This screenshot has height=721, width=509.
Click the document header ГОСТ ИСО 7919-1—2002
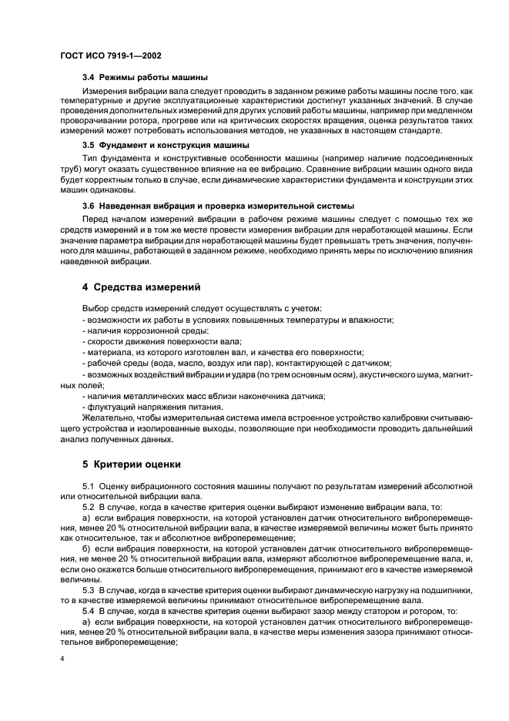pyautogui.click(x=110, y=56)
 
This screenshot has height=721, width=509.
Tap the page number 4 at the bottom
pyautogui.click(x=62, y=659)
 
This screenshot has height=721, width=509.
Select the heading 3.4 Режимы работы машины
pyautogui.click(x=146, y=78)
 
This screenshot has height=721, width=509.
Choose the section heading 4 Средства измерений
pyautogui.click(x=142, y=287)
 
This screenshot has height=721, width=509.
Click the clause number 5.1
pyautogui.click(x=89, y=487)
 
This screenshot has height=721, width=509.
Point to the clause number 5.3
pyautogui.click(x=89, y=589)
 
